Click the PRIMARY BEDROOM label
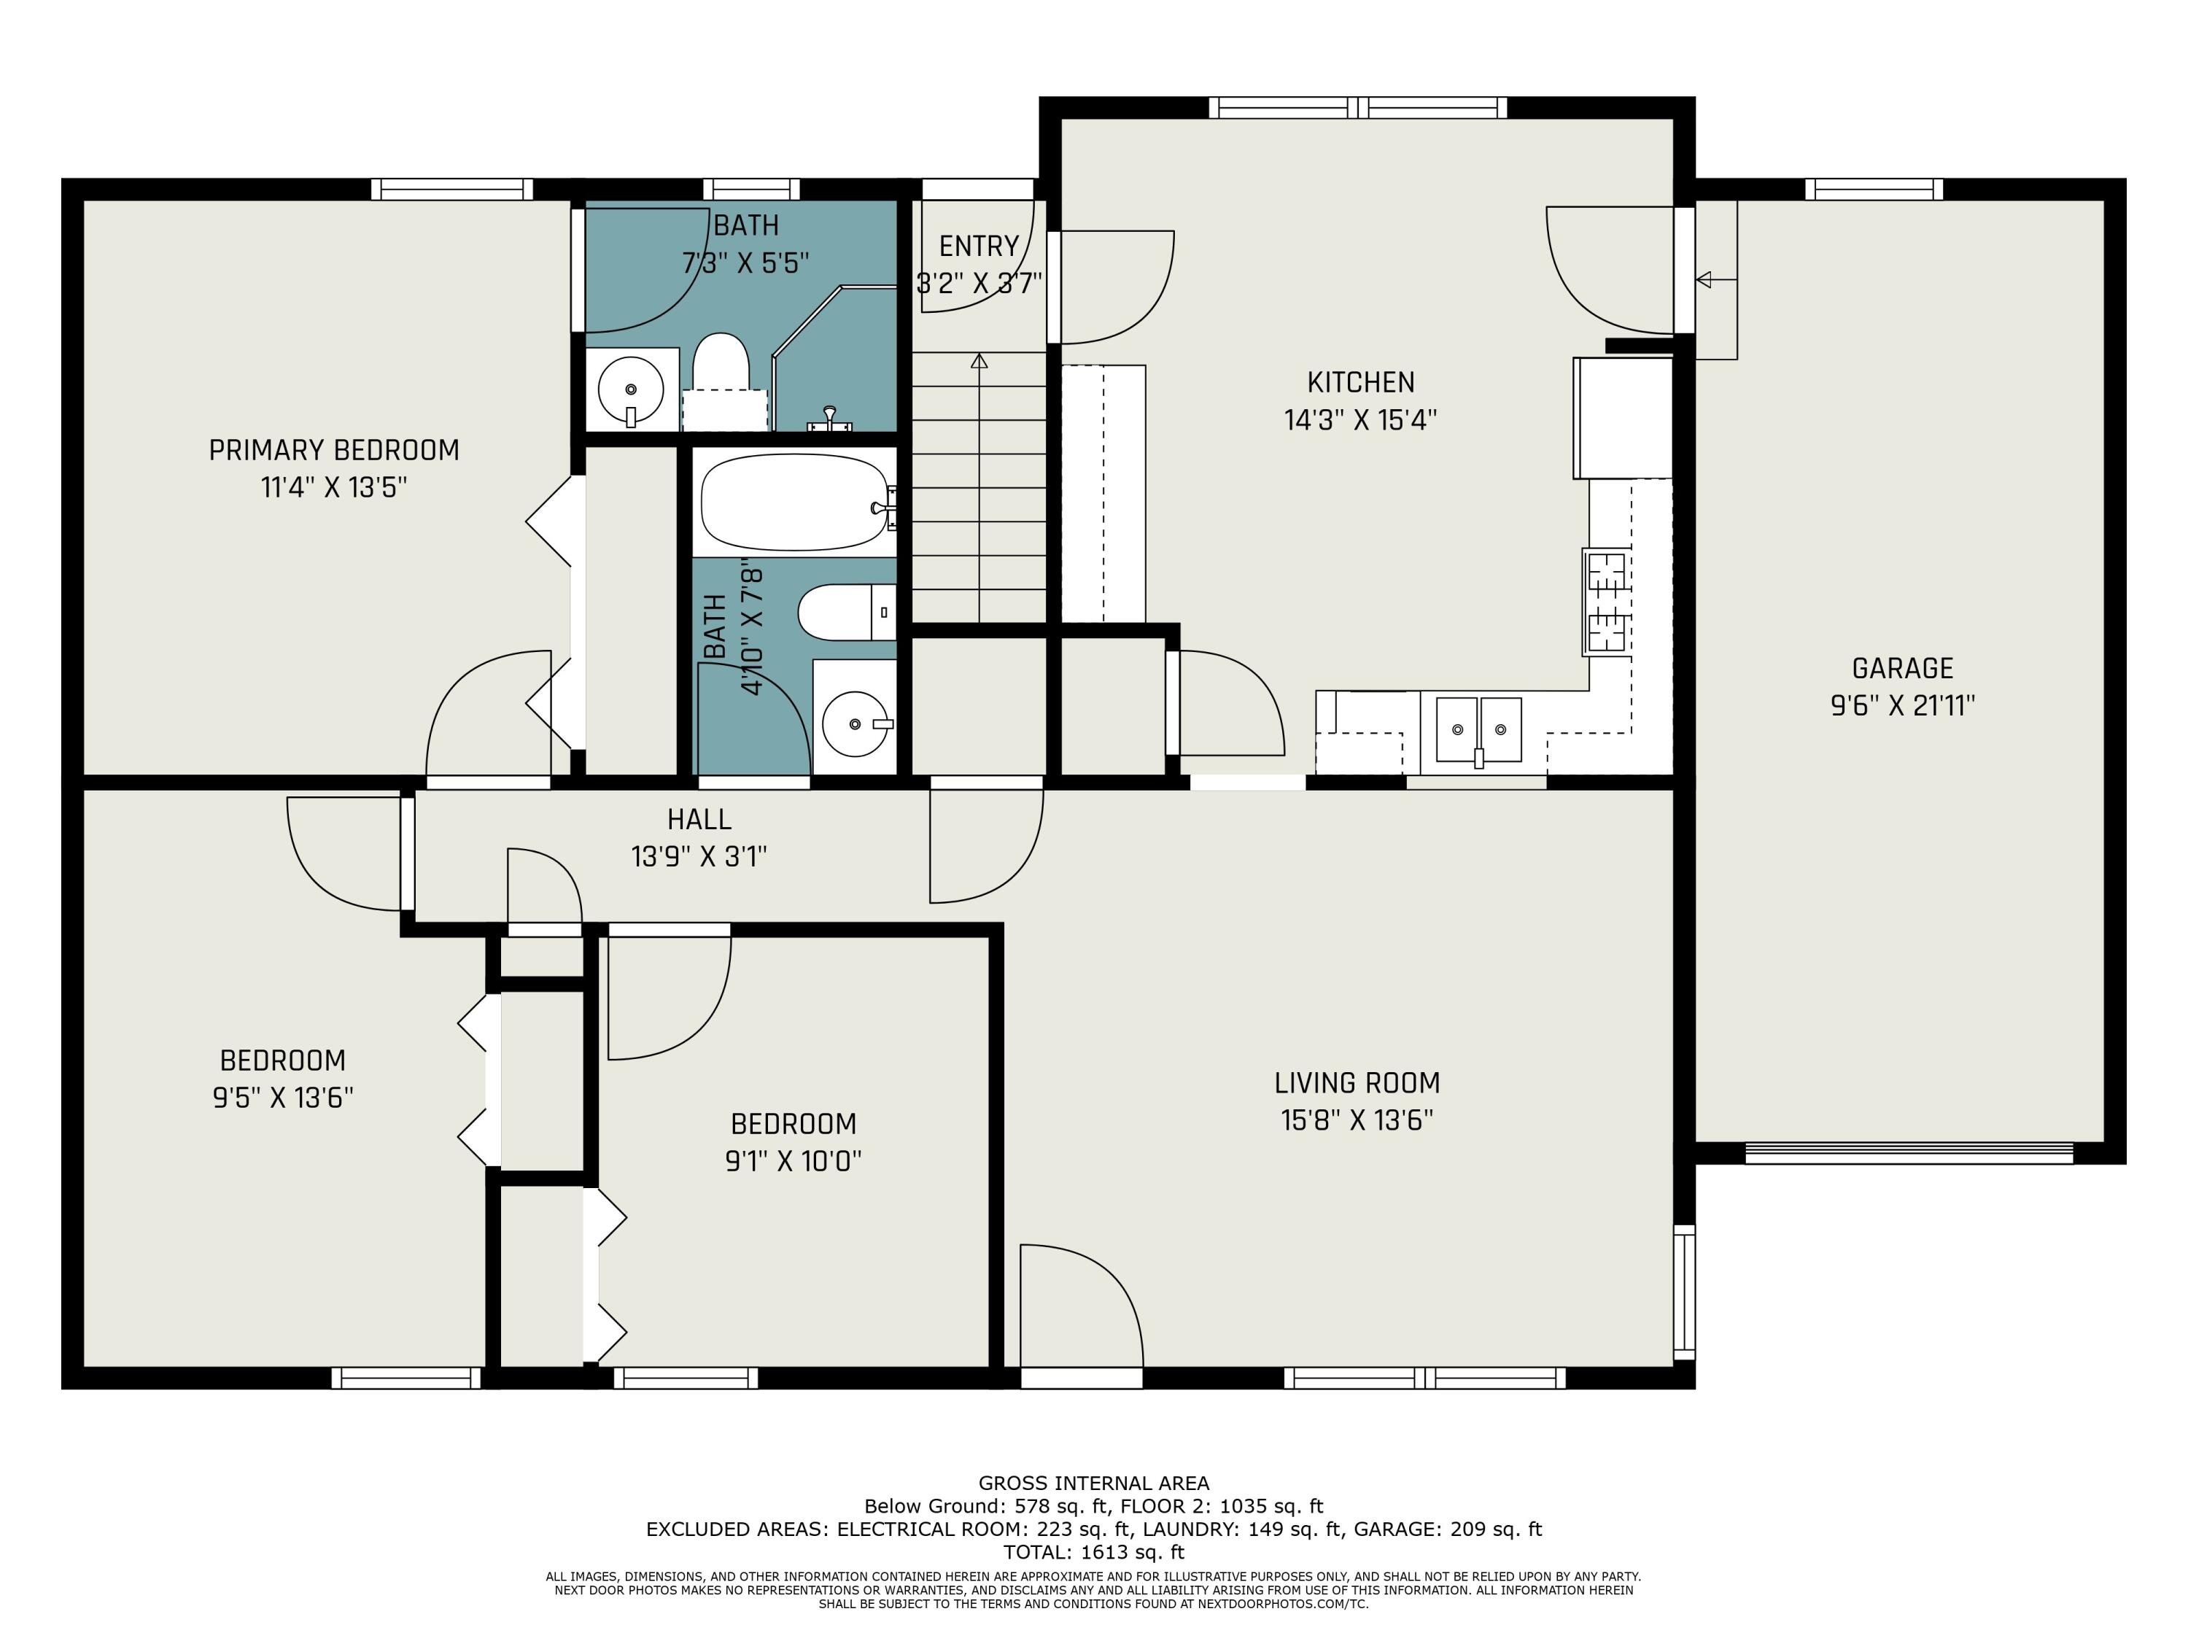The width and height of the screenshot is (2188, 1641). click(x=334, y=450)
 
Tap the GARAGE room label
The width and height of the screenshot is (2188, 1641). click(x=1902, y=669)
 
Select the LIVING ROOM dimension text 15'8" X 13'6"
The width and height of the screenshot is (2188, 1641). click(x=1357, y=1120)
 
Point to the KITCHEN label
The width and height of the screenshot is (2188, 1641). click(x=1361, y=382)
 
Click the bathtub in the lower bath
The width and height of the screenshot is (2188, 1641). click(x=794, y=502)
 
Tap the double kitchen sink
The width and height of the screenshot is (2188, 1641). click(x=1479, y=731)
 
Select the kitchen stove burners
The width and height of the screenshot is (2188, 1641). click(x=1607, y=602)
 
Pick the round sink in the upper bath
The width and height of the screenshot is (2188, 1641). click(x=631, y=389)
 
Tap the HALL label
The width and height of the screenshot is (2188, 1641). click(x=699, y=819)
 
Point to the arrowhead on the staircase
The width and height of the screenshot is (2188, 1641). click(x=979, y=361)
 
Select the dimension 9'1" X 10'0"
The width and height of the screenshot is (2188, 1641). click(x=794, y=1160)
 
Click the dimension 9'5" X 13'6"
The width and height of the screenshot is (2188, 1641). click(x=283, y=1097)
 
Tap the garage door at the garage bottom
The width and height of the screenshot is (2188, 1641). click(x=1908, y=1152)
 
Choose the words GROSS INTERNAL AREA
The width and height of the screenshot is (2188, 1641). click(x=1093, y=1483)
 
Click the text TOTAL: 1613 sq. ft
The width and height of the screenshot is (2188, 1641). click(x=1093, y=1552)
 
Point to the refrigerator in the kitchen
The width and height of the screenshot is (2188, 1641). click(x=1622, y=417)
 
